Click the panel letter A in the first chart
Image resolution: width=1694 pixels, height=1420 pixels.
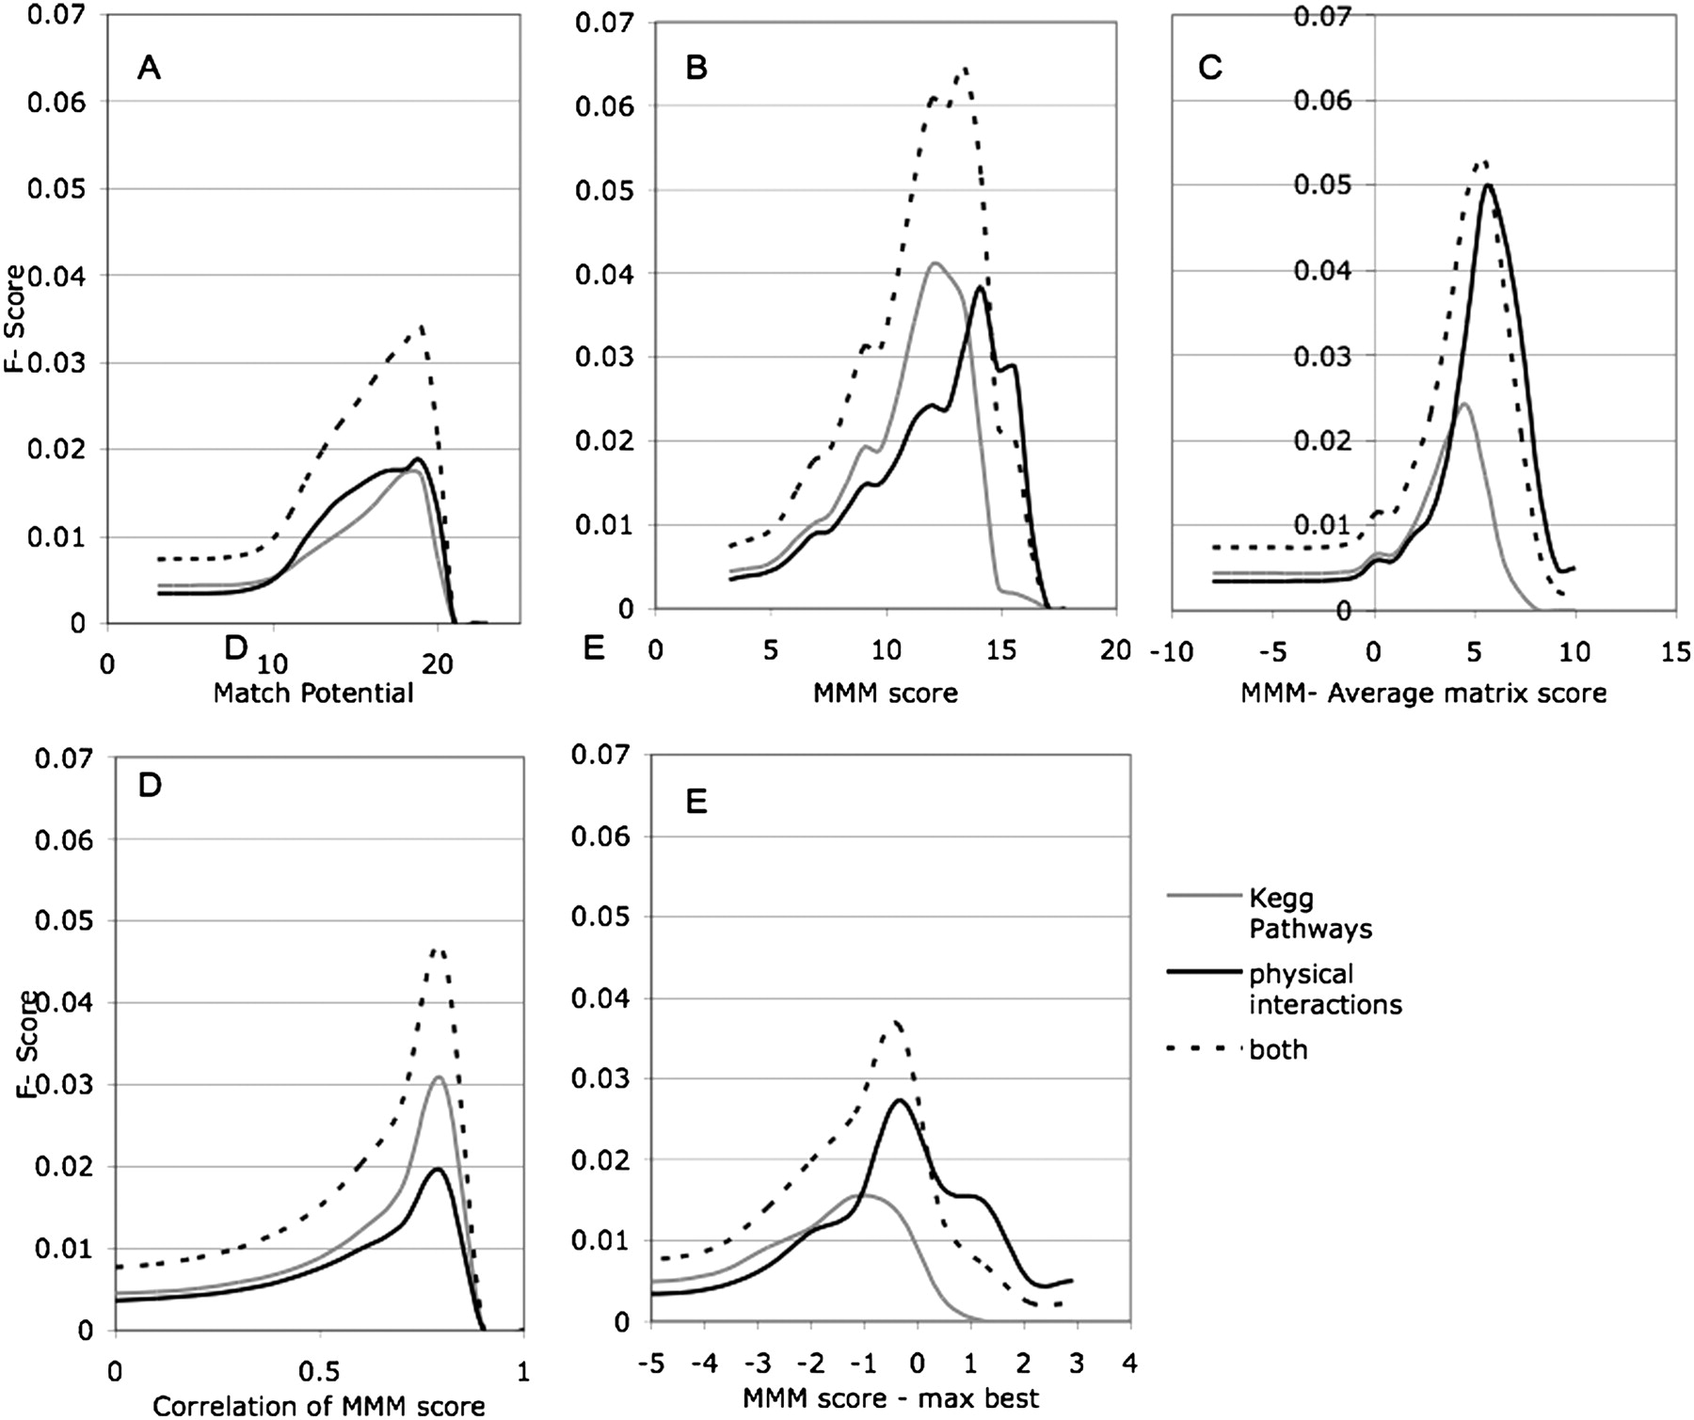[149, 68]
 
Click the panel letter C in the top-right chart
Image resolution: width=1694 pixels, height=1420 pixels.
[1210, 68]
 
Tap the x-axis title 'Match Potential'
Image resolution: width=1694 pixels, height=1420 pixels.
[313, 694]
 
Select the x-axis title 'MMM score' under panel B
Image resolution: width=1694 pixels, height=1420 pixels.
[886, 694]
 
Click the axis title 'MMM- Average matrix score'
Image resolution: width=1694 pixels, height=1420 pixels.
[1424, 694]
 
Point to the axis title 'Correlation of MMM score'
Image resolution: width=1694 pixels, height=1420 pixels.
[319, 1406]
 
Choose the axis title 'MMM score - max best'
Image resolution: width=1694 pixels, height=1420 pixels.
[891, 1397]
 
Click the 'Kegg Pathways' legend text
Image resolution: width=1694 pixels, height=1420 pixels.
[1310, 914]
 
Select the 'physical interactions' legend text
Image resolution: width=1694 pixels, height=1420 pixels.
[1325, 989]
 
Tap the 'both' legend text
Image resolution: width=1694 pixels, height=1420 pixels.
[1278, 1049]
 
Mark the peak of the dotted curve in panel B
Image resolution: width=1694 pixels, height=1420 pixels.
[965, 68]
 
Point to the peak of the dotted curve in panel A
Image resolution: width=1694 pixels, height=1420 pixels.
[422, 327]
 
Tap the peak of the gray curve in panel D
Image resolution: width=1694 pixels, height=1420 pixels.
[439, 1077]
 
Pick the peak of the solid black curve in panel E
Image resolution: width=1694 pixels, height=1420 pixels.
[899, 1099]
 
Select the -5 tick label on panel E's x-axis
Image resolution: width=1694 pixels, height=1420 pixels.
[650, 1363]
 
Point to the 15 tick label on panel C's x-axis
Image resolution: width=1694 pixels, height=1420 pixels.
[1675, 651]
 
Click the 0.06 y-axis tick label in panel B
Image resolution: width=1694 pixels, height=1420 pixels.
[602, 106]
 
